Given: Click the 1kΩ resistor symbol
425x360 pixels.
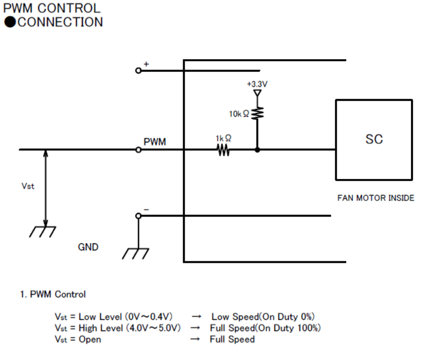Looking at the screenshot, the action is [x=223, y=150].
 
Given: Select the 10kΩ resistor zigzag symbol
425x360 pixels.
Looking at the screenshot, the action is [x=257, y=113].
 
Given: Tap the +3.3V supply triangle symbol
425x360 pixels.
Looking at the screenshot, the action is [x=257, y=93].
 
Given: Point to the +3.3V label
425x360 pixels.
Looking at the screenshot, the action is [x=257, y=84].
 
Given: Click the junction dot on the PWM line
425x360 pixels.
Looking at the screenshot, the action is [x=257, y=150].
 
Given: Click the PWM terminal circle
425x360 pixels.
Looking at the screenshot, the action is [x=138, y=150].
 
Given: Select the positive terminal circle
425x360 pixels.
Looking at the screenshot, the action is [x=138, y=70].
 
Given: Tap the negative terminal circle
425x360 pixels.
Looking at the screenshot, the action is [x=138, y=216].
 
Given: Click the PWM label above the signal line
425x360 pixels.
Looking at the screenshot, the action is [x=154, y=141].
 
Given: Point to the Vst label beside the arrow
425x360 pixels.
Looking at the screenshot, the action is [x=28, y=186].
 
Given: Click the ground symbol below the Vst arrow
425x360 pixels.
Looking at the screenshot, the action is [x=43, y=232].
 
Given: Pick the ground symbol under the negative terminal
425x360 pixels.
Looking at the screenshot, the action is [x=135, y=254].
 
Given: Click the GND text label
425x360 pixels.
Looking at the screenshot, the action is [x=88, y=247].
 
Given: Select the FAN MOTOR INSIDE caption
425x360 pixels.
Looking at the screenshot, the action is [x=376, y=198].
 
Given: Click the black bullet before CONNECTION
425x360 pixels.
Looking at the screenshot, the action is [x=10, y=22].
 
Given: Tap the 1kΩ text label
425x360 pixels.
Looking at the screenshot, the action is [x=223, y=138].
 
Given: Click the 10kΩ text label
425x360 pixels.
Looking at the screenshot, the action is [x=239, y=114].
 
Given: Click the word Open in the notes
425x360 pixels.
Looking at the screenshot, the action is [x=90, y=339].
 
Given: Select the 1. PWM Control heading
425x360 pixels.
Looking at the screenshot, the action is [x=53, y=294].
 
